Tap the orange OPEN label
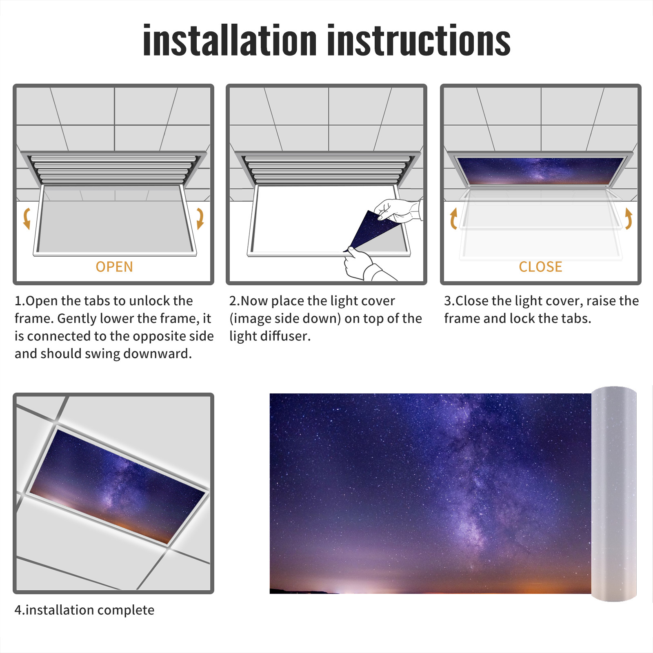[114, 267]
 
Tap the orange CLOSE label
[540, 267]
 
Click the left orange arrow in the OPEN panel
[27, 218]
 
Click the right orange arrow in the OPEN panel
[200, 218]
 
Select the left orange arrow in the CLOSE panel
[453, 219]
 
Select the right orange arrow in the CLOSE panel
[629, 219]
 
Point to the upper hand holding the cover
[398, 210]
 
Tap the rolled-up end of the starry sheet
[614, 493]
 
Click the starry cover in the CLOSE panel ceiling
[540, 170]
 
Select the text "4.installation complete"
[84, 610]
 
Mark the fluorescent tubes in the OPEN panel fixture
[113, 169]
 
